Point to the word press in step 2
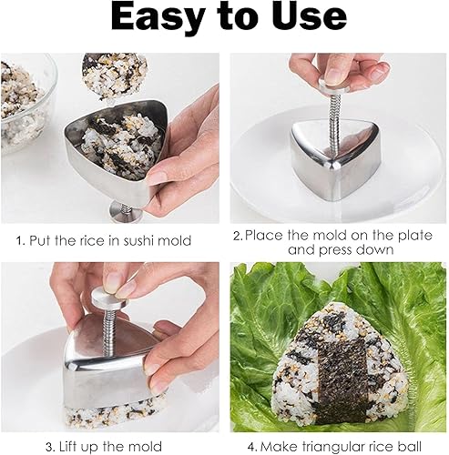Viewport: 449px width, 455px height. click(335, 250)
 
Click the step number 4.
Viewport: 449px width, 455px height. click(251, 447)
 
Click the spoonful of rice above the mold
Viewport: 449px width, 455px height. click(114, 76)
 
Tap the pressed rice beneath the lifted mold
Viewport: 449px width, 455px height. click(112, 412)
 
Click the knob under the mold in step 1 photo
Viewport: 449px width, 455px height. click(126, 212)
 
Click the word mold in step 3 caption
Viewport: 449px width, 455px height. click(147, 447)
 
